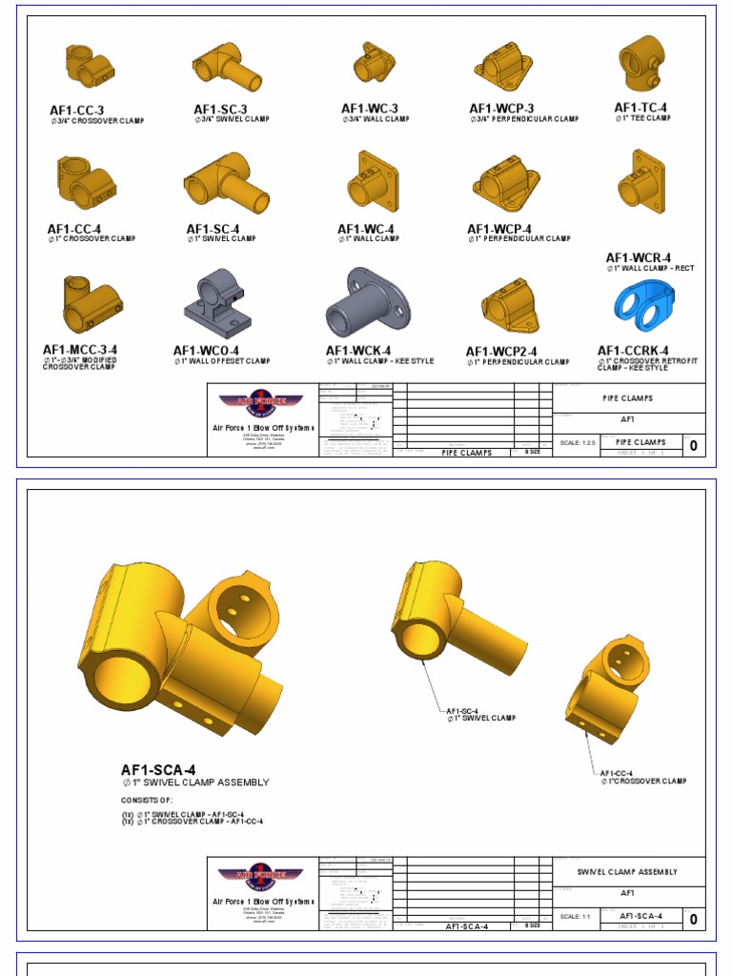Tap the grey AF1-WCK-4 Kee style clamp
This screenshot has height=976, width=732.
[x=366, y=302]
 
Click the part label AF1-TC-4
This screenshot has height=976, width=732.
[x=640, y=109]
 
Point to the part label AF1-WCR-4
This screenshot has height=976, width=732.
[x=639, y=258]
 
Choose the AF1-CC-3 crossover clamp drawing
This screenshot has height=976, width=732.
[x=89, y=67]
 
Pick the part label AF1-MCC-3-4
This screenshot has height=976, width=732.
[x=80, y=350]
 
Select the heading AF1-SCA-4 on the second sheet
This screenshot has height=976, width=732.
[x=158, y=770]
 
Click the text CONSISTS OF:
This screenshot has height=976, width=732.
[x=147, y=800]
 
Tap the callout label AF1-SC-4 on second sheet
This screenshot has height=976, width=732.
[x=462, y=710]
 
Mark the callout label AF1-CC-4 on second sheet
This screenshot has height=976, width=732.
[x=617, y=773]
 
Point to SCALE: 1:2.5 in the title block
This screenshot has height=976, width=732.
[x=577, y=443]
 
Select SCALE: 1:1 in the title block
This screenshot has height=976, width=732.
[x=574, y=917]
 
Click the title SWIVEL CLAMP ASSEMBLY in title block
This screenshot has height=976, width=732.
[x=627, y=872]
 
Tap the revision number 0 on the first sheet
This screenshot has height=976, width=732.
[x=693, y=445]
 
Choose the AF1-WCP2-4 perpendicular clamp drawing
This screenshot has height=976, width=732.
[x=511, y=306]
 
